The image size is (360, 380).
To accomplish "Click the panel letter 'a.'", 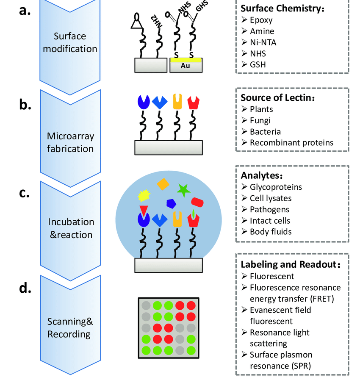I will (25, 11).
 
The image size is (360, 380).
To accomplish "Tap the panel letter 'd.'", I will (25, 288).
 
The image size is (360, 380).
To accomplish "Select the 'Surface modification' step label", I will (70, 42).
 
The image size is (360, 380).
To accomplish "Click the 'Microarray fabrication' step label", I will (70, 142).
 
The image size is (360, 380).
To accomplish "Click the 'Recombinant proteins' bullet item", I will (291, 143).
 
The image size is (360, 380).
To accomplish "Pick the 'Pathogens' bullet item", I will (269, 209).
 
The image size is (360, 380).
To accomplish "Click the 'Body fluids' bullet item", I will (271, 232).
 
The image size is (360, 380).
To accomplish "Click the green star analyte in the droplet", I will (184, 190).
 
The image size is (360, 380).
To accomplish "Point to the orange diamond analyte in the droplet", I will (163, 184).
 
